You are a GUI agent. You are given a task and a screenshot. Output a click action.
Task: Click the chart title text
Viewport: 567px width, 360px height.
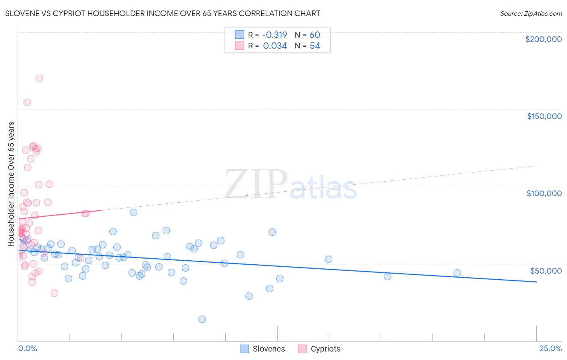tap(163, 13)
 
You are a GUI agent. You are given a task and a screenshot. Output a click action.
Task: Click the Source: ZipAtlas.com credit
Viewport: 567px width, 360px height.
tap(531, 13)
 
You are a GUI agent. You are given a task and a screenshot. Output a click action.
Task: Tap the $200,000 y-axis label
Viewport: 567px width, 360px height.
tap(543, 39)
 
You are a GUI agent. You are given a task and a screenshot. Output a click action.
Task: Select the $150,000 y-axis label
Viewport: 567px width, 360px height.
tap(544, 116)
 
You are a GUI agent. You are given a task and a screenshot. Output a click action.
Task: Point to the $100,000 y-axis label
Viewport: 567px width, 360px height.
tap(544, 193)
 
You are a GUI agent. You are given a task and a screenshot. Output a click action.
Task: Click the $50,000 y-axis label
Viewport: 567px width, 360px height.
tap(546, 270)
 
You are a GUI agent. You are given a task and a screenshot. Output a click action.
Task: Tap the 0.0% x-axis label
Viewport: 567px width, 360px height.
tap(27, 348)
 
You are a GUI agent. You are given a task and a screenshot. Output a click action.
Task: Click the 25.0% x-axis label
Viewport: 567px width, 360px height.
tap(550, 348)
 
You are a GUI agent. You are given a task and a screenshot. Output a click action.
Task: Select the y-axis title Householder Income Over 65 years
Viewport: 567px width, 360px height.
tap(11, 184)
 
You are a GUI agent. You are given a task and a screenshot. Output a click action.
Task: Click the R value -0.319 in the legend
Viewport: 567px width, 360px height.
tap(274, 35)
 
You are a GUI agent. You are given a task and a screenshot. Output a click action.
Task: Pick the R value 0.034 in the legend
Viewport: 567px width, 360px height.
tap(275, 46)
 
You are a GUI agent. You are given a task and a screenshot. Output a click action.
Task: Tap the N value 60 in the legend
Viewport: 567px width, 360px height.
tap(315, 35)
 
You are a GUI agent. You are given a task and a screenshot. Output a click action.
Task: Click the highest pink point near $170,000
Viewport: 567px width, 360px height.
tap(39, 78)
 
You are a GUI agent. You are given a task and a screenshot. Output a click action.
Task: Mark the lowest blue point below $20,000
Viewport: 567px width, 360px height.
tap(202, 319)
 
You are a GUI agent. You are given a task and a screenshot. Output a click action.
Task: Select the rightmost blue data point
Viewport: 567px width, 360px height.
tap(457, 273)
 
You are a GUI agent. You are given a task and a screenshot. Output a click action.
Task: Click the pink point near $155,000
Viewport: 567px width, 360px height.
tap(27, 102)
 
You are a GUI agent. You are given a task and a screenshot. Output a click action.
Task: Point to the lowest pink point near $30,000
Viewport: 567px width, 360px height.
tap(54, 293)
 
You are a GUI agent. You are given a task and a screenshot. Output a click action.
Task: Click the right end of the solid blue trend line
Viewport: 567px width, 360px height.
tap(536, 282)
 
